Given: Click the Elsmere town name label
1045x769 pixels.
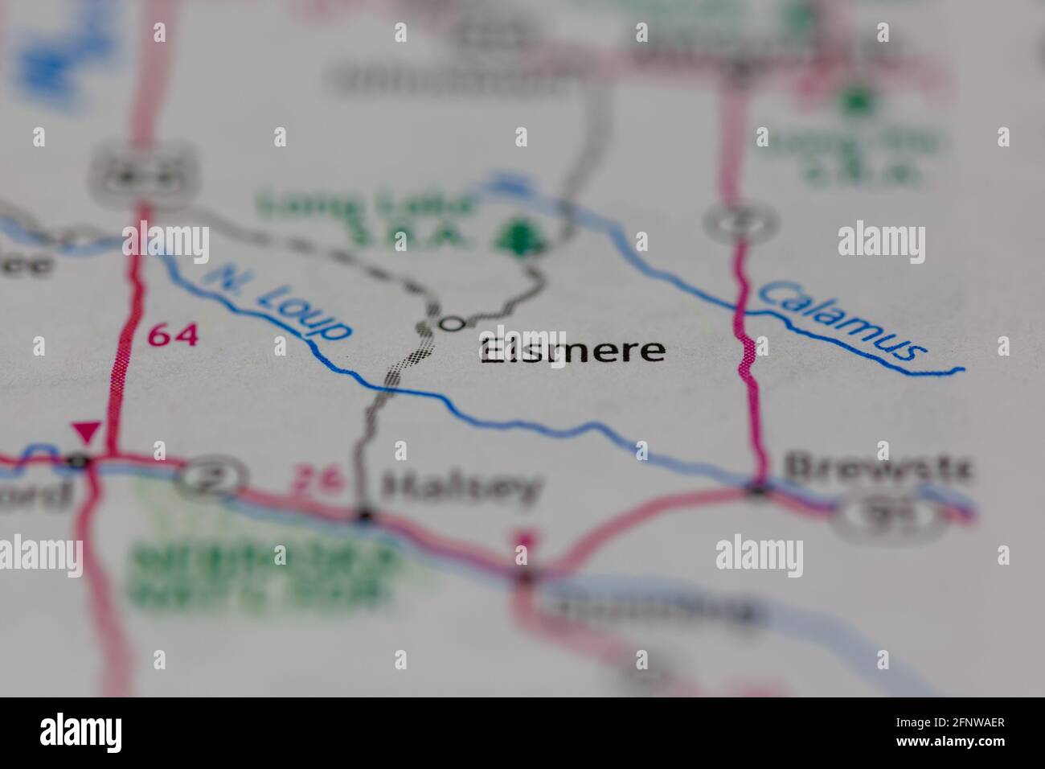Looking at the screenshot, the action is coord(572,351).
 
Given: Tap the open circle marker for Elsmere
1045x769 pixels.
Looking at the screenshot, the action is coord(453,323).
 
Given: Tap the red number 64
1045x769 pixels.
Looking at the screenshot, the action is coord(173,335).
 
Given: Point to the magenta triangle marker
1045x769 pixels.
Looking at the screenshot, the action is coord(86,432).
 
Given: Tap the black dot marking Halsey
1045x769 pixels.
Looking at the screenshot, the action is coord(365,515).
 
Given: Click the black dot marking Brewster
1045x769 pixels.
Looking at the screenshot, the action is coord(758,487).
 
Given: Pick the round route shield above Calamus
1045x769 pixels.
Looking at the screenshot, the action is coord(740,219).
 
